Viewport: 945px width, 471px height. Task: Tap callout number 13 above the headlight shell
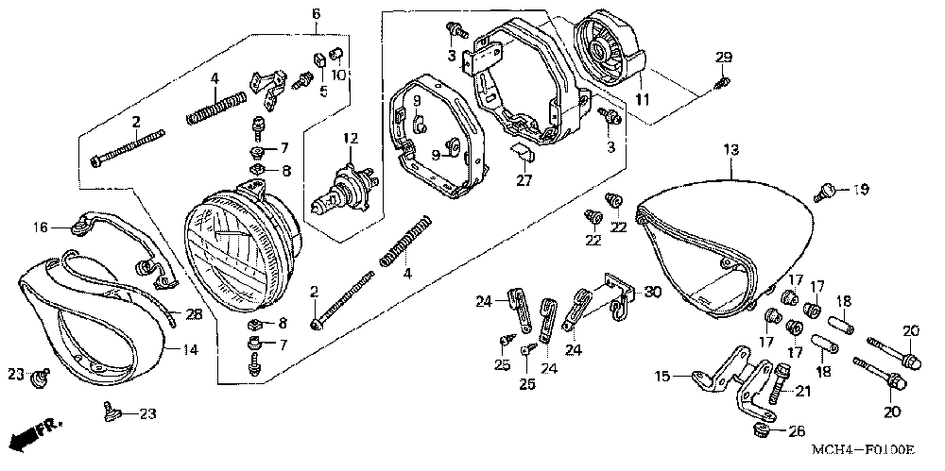[730, 149]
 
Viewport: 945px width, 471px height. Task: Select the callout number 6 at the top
[316, 12]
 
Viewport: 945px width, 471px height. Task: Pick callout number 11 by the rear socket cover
[642, 99]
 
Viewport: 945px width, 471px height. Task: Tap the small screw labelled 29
[721, 83]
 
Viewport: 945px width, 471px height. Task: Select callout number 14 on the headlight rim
[189, 349]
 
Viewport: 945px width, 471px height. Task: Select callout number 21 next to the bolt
[804, 391]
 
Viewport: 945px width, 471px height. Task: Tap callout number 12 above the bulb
[352, 140]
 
